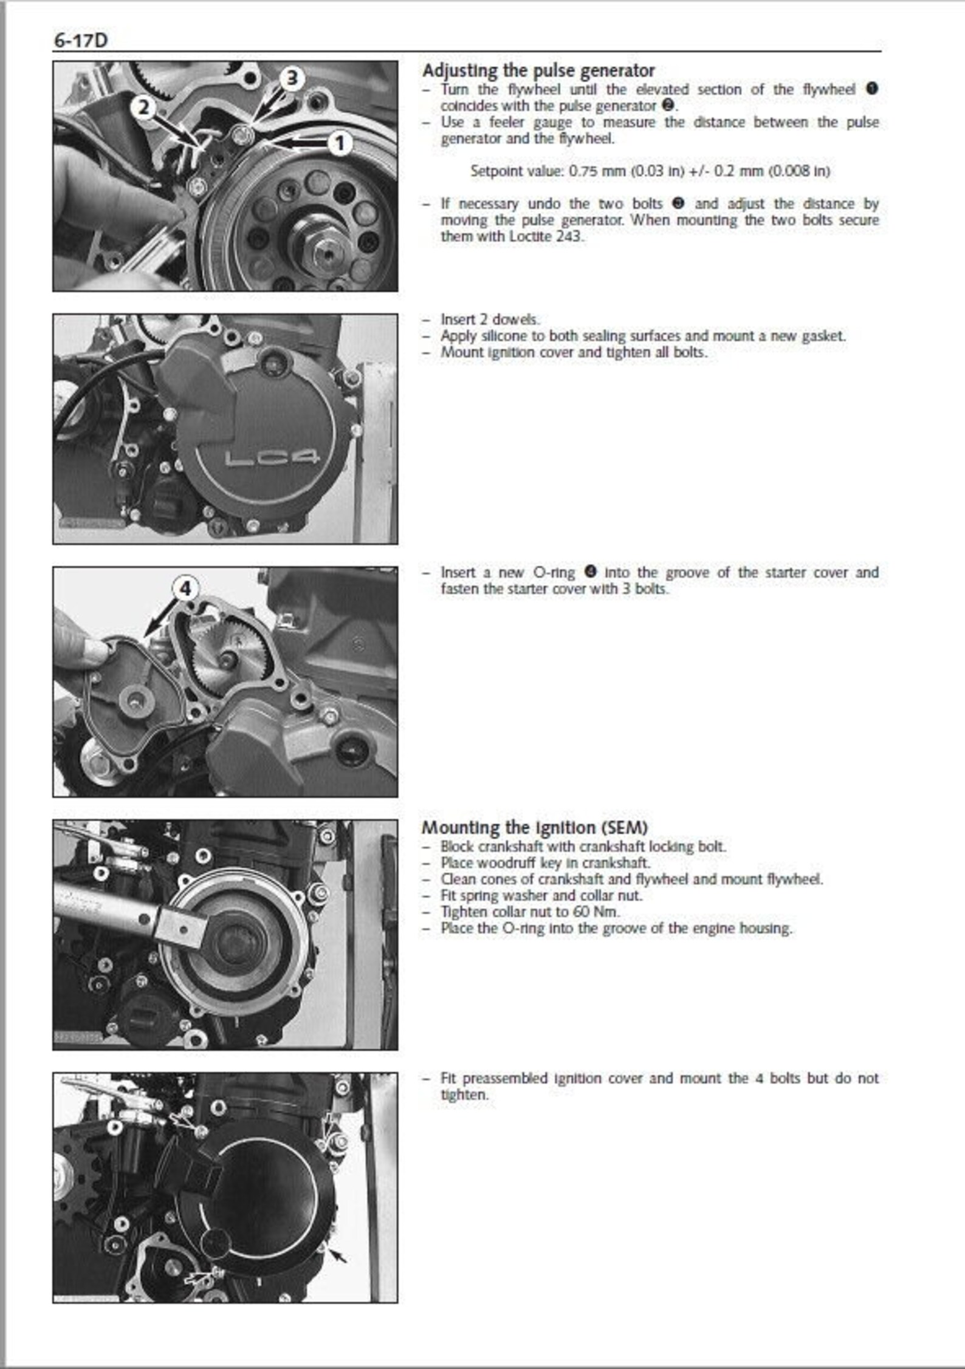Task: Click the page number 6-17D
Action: click(x=81, y=41)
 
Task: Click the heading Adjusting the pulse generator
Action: click(x=538, y=71)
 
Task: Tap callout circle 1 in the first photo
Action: click(x=340, y=144)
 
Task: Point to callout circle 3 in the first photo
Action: click(x=292, y=78)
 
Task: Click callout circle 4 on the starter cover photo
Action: click(x=186, y=588)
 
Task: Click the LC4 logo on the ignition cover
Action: click(x=272, y=458)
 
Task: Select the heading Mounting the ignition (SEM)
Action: click(x=535, y=827)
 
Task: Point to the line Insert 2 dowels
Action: click(x=489, y=319)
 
